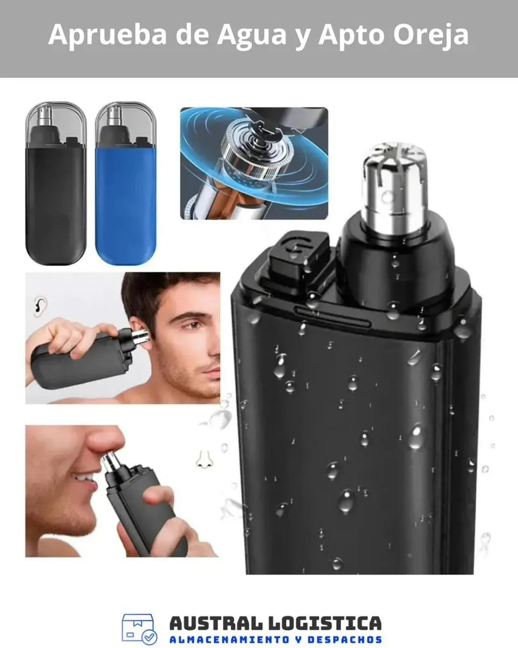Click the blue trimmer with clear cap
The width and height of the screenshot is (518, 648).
126,183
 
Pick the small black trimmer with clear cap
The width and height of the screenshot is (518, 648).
56,183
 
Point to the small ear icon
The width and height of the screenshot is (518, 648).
40,306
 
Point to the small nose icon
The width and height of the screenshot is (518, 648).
205,460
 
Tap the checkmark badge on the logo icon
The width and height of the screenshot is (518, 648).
149,637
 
